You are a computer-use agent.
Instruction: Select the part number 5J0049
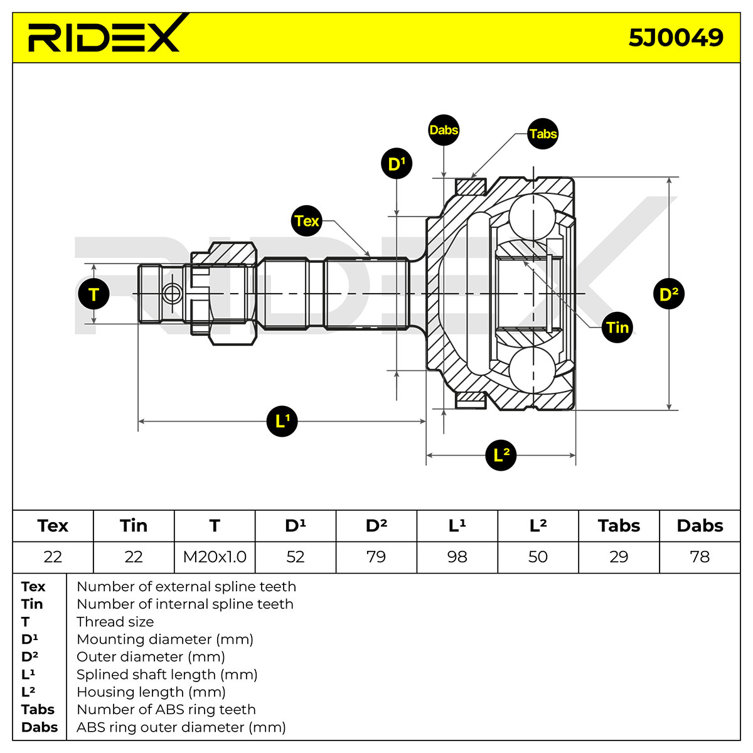[x=676, y=38]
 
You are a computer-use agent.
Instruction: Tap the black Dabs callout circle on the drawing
[x=444, y=130]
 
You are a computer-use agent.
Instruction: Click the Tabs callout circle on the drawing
[x=543, y=134]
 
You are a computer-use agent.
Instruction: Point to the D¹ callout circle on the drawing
[x=397, y=164]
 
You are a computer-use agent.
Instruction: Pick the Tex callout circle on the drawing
[x=307, y=221]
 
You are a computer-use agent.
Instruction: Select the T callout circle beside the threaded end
[x=93, y=294]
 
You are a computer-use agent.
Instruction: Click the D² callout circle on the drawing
[x=668, y=294]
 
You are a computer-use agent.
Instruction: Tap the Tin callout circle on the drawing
[x=617, y=328]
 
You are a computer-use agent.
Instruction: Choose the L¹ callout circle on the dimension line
[x=282, y=421]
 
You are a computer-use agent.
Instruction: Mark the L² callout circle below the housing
[x=501, y=455]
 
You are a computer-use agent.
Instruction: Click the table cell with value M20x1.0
[x=215, y=557]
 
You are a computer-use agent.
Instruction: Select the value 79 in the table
[x=376, y=557]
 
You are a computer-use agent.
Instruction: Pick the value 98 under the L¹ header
[x=457, y=557]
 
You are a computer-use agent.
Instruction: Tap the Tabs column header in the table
[x=619, y=526]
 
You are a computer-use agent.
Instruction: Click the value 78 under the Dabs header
[x=700, y=557]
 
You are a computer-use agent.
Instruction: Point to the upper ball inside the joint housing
[x=532, y=217]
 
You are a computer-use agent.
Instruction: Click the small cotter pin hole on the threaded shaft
[x=172, y=294]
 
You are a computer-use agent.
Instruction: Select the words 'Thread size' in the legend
[x=115, y=622]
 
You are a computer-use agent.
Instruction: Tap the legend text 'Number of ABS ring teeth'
[x=166, y=709]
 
